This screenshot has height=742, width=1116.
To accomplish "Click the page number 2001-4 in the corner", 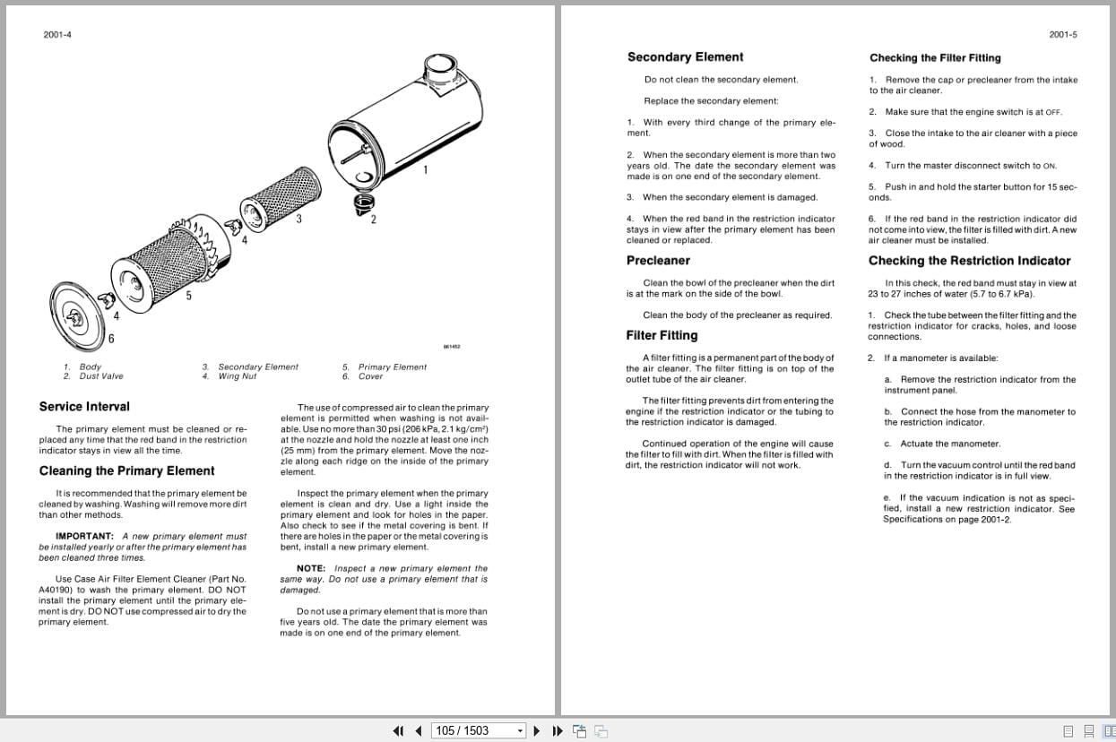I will point(57,35).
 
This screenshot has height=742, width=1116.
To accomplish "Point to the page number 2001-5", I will point(1063,35).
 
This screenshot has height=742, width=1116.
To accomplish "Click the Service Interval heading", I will point(84,406).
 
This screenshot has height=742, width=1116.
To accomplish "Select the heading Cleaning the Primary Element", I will point(126,470).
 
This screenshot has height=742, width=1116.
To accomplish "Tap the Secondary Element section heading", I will point(685,57).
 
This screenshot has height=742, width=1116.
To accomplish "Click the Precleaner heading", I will point(658,261).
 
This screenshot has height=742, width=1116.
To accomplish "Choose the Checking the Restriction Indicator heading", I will point(969,261).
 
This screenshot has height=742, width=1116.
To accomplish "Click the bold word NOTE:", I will point(311,568).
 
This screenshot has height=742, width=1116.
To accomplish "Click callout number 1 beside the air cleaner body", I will point(425,169).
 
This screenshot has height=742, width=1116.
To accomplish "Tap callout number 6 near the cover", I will point(111,338).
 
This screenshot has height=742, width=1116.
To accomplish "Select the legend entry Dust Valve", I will point(101,376).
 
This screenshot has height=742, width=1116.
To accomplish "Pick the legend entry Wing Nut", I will point(238,376).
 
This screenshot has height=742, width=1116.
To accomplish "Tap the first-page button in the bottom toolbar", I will point(399,730).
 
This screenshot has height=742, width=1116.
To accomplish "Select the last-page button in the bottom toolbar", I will point(557,730).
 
